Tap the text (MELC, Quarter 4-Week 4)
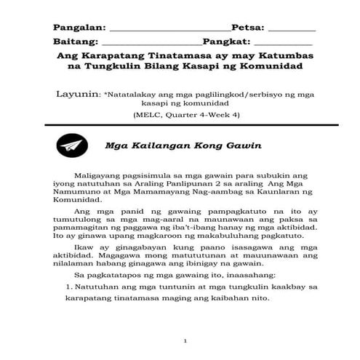(186, 116)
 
